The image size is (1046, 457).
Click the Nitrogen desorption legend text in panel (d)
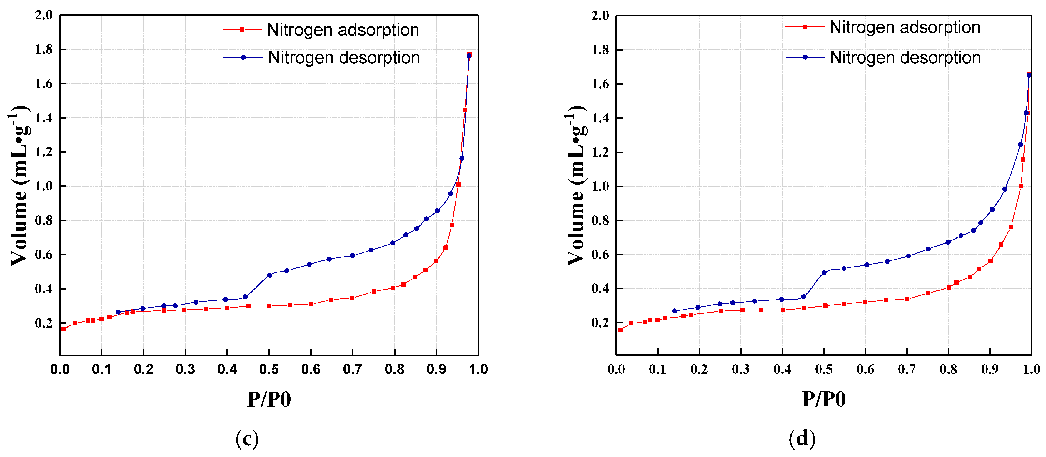pos(905,58)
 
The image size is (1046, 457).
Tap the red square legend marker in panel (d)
pos(805,27)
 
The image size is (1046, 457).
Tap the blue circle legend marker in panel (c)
pos(243,58)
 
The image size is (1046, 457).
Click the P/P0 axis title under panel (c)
pos(269,399)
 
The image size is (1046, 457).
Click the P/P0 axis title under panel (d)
pos(824,399)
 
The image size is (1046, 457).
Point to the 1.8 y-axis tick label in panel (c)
pos(44,49)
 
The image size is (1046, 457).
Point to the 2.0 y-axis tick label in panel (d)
pos(600,16)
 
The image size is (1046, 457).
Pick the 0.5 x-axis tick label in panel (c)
pos(269,369)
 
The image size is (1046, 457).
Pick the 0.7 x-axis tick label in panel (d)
pos(906,369)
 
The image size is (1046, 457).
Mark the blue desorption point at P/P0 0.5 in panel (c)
pos(269,275)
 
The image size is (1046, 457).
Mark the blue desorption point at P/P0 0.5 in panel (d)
pos(824,273)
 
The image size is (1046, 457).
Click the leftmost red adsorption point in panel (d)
pos(620,330)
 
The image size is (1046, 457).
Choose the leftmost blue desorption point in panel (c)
pos(118,312)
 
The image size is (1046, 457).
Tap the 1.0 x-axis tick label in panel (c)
pos(478,369)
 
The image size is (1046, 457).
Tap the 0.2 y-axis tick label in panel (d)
pos(600,323)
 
